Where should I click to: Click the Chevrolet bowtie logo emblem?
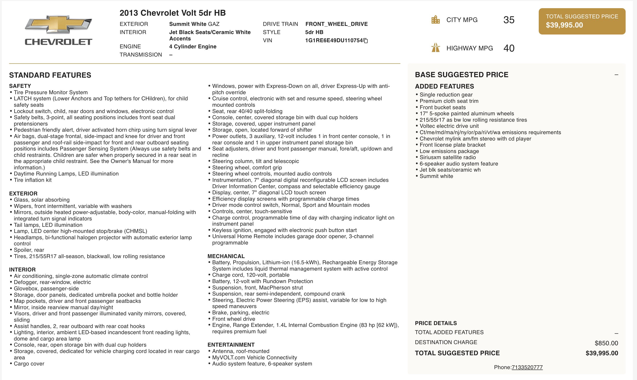[58, 24]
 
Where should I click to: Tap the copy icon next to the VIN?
[366, 41]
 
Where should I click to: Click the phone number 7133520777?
[527, 367]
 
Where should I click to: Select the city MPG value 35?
[509, 20]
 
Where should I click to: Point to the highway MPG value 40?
[509, 48]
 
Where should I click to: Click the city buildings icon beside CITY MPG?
[435, 20]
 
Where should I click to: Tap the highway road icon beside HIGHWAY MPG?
[435, 48]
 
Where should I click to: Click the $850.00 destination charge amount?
[606, 343]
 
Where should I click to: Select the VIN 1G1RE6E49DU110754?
[334, 40]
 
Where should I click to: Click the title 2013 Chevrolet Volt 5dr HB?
[172, 13]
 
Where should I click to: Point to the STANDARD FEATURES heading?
[50, 75]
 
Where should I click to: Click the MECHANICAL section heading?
[226, 256]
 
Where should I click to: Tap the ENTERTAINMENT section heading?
[231, 345]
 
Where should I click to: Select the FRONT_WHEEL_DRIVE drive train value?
[336, 24]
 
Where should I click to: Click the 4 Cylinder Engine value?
[193, 47]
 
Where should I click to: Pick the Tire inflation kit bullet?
[33, 180]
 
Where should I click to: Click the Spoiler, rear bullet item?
[29, 250]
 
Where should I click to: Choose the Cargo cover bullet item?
[29, 364]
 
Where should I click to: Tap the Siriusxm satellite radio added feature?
[447, 157]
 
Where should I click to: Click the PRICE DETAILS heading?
[436, 323]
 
